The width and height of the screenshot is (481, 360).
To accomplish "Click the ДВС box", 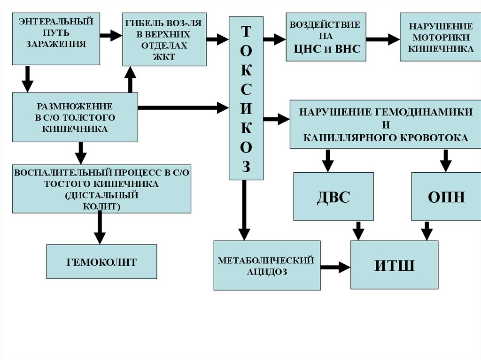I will click(x=334, y=197).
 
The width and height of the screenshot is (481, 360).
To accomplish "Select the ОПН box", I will click(x=446, y=197).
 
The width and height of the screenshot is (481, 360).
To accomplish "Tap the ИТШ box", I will click(x=394, y=265).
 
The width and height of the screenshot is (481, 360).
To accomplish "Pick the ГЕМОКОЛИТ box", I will click(x=101, y=261).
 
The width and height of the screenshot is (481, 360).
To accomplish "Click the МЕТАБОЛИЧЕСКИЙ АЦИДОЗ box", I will click(x=267, y=266).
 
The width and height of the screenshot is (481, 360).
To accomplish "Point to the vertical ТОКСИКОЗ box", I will click(x=246, y=98).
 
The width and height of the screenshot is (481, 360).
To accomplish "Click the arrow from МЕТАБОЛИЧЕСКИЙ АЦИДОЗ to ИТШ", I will click(x=335, y=268).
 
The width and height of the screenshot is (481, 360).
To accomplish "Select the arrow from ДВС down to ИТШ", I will click(x=358, y=230).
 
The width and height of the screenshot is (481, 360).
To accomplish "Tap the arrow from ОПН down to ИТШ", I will click(x=427, y=230).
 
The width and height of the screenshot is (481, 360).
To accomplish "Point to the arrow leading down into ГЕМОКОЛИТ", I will click(x=99, y=228).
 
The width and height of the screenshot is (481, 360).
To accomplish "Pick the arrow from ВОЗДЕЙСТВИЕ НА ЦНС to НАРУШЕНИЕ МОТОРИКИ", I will click(x=382, y=39).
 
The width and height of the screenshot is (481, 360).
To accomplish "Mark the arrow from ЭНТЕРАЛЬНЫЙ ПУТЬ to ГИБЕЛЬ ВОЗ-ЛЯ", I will click(x=111, y=35).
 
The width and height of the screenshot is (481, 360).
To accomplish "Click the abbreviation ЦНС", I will click(x=307, y=50).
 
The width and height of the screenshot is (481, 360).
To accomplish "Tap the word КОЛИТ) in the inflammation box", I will click(x=101, y=206).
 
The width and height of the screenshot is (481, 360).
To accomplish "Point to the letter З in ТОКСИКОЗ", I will click(x=246, y=167).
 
